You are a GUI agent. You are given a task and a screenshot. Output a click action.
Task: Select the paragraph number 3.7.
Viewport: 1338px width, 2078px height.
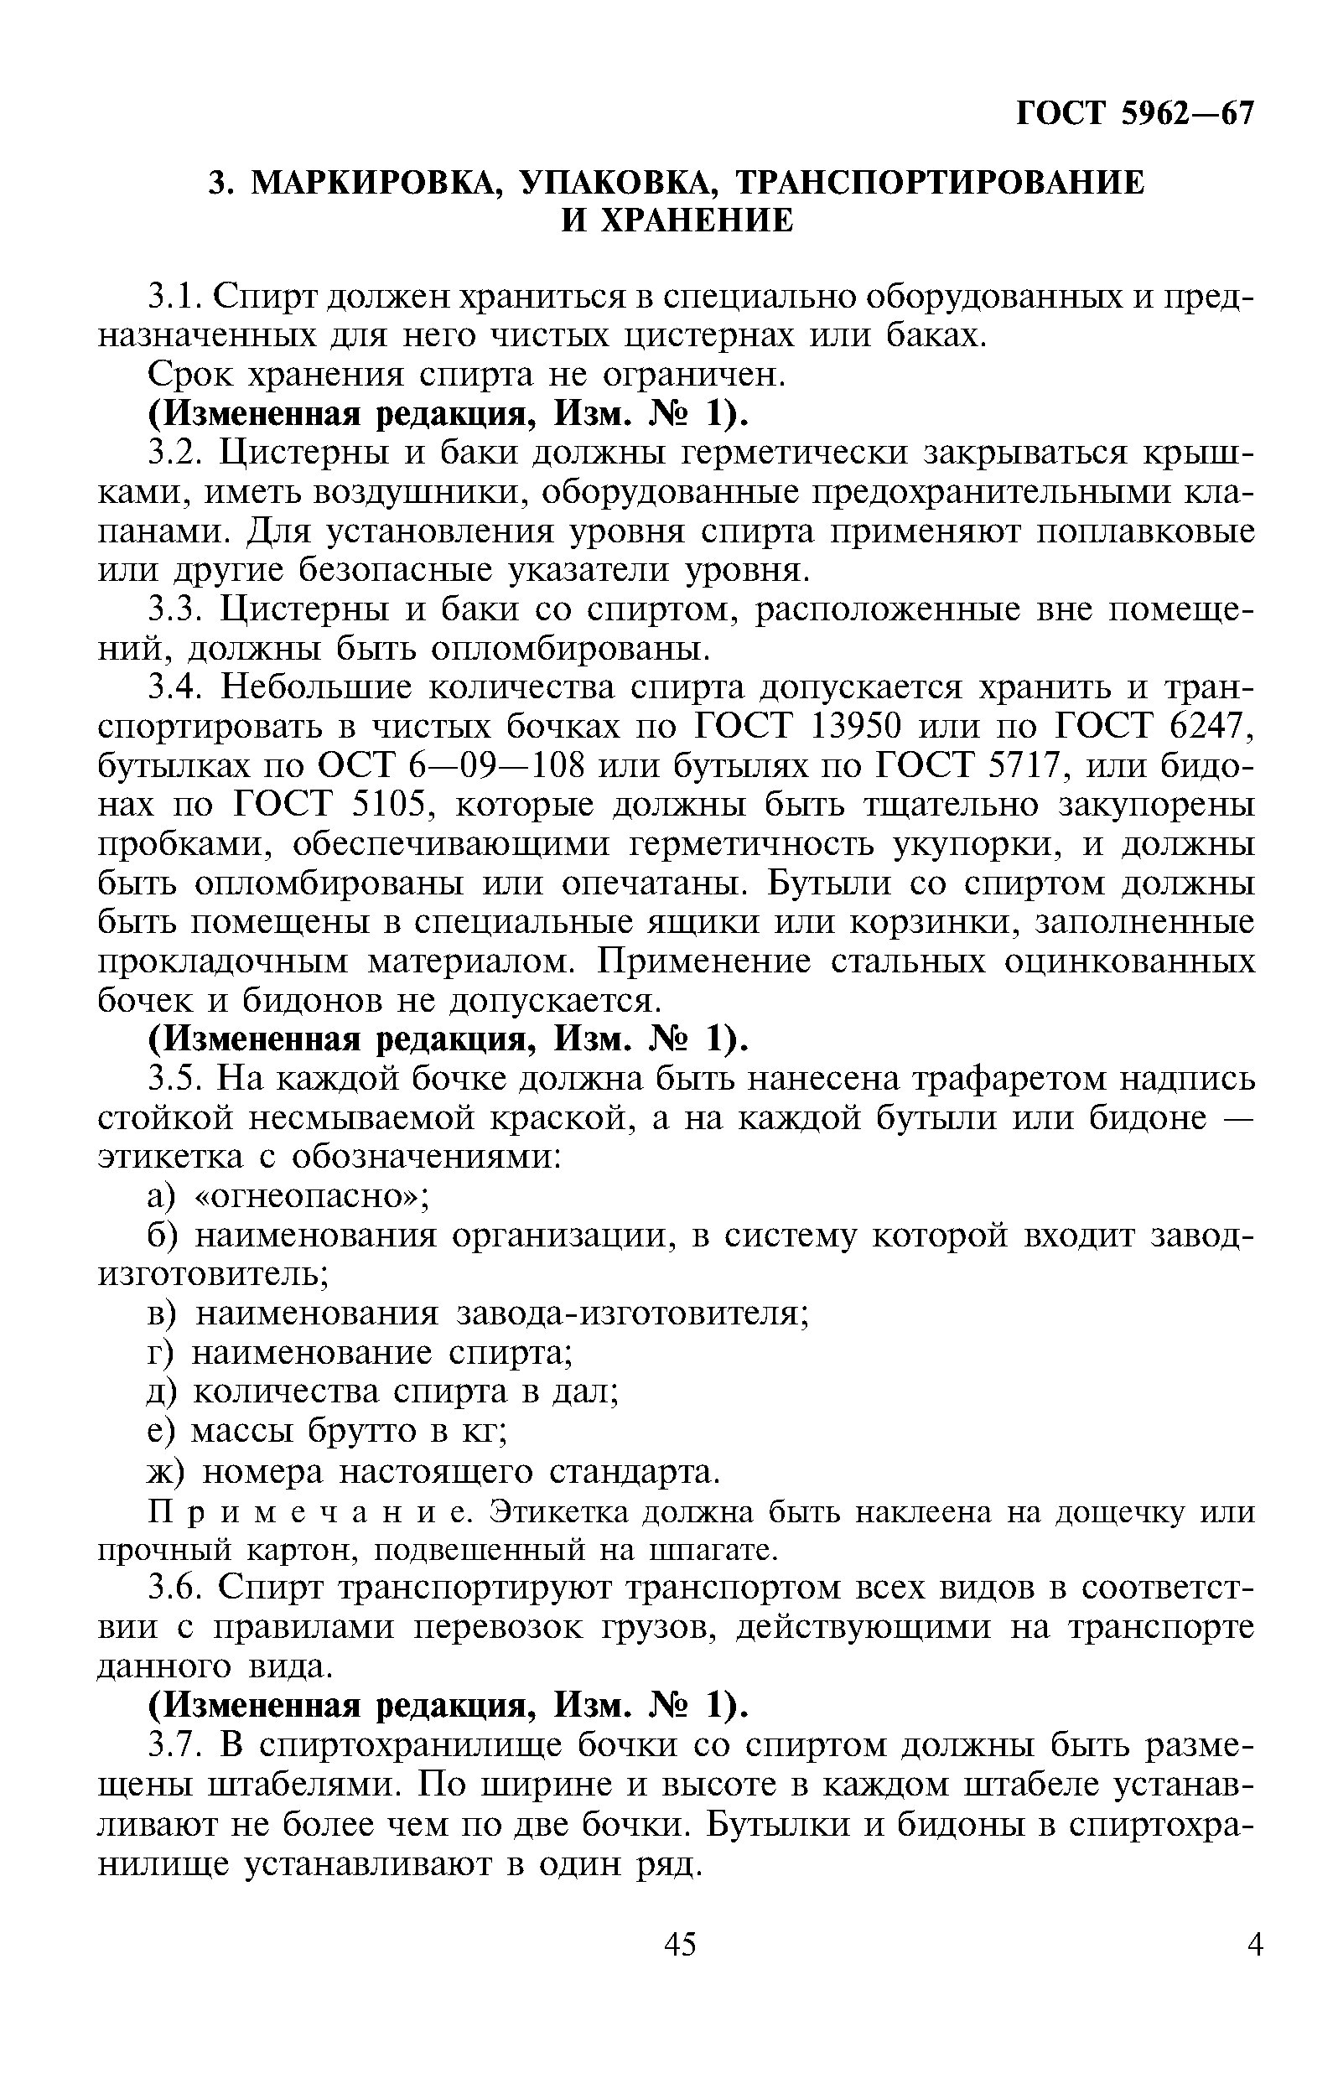176,1744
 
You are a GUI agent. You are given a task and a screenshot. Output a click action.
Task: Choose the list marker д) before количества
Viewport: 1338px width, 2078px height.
162,1392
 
